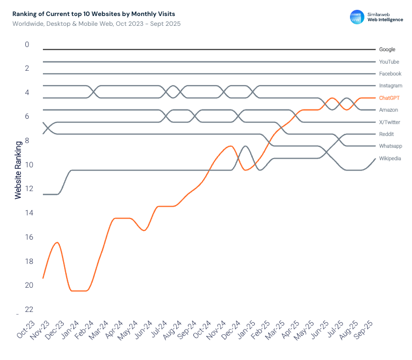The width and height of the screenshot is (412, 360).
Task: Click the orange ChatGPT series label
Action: point(389,98)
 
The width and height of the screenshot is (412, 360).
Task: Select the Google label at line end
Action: point(387,50)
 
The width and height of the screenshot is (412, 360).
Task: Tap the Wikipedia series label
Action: point(390,159)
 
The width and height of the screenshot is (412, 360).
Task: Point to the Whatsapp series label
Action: point(390,146)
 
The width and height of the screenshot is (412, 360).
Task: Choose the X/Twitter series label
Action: point(390,122)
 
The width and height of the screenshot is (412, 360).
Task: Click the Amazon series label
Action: point(388,110)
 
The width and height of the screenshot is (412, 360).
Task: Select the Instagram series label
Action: point(390,86)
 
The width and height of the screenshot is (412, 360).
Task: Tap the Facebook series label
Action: point(390,74)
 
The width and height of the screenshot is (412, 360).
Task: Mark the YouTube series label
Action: point(389,62)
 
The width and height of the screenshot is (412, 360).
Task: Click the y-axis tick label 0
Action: point(27,44)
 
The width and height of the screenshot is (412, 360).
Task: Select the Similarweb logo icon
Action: point(357,17)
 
